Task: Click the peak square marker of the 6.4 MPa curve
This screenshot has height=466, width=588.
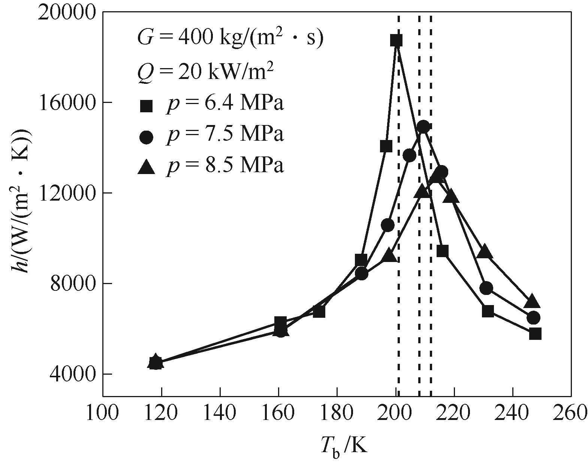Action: pyautogui.click(x=396, y=40)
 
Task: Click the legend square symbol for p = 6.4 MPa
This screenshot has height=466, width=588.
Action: pyautogui.click(x=146, y=106)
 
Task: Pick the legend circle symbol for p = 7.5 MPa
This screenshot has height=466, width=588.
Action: pyautogui.click(x=146, y=137)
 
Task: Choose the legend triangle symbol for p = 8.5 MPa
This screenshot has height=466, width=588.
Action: pyautogui.click(x=146, y=167)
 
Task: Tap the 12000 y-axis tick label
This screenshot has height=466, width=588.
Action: pyautogui.click(x=70, y=193)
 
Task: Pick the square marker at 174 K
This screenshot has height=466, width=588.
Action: pyautogui.click(x=319, y=311)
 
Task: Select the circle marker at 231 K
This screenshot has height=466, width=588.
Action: pyautogui.click(x=486, y=288)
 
